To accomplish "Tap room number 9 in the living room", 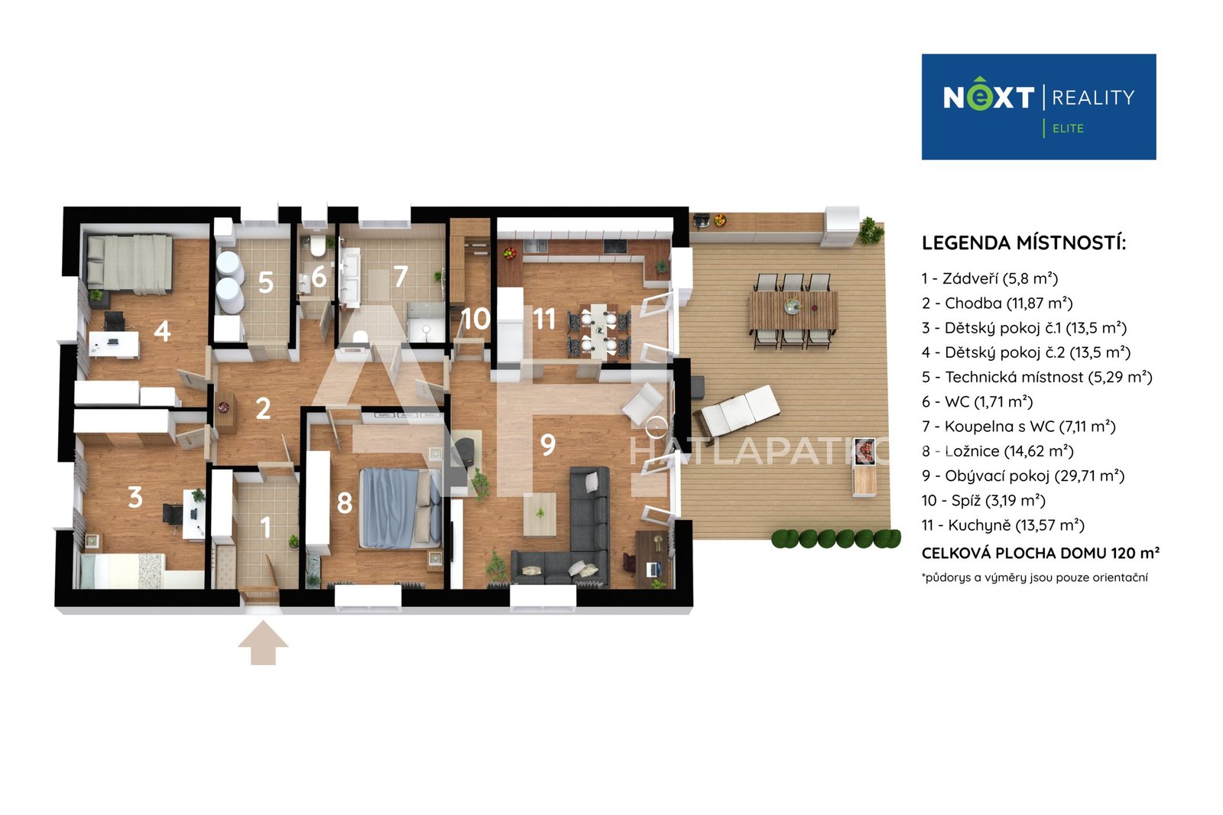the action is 547,445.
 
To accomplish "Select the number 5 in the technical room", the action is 266,282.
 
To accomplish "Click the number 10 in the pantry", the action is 475,319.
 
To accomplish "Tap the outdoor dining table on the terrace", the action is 793,311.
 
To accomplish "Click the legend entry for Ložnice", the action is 998,451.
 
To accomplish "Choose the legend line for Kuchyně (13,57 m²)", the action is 1003,525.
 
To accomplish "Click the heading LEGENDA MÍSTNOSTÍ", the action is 1023,242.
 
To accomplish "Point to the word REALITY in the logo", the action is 1093,98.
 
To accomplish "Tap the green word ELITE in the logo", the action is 1068,128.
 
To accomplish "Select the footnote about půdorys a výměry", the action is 1035,577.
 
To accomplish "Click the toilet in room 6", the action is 317,246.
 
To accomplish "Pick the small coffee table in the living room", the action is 540,514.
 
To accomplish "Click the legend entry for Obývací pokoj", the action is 1023,476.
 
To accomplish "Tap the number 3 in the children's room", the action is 135,497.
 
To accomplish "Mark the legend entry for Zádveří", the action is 990,278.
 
